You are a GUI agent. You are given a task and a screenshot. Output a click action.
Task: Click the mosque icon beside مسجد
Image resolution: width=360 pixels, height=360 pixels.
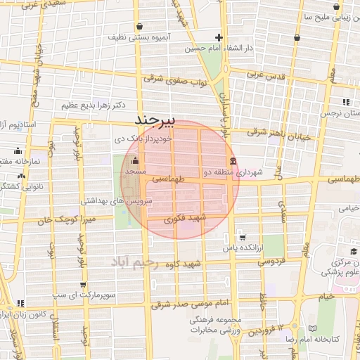[x=136, y=160]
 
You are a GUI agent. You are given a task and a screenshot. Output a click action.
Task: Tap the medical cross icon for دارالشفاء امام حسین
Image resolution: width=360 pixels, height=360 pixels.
[x=219, y=38]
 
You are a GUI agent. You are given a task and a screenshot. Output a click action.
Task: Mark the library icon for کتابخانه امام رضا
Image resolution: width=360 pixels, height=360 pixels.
[x=313, y=328]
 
